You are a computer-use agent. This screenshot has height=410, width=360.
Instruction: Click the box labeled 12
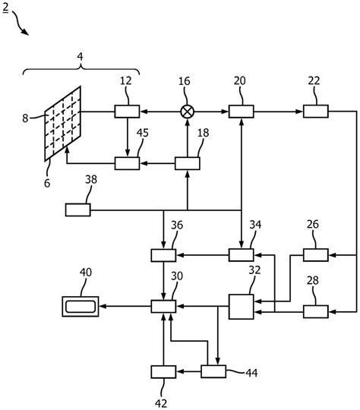click(126, 112)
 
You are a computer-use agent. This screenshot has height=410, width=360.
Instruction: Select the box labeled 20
click(240, 112)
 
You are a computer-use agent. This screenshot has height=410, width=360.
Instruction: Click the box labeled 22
click(315, 112)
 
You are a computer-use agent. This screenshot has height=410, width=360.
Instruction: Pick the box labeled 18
click(187, 162)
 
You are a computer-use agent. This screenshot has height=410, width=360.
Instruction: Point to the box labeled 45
click(126, 162)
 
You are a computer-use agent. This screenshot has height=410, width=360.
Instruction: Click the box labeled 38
click(77, 209)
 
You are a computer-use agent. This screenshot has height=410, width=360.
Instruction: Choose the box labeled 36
click(163, 255)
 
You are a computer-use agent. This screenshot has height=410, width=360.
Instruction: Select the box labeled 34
click(240, 255)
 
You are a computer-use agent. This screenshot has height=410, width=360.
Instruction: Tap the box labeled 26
click(315, 255)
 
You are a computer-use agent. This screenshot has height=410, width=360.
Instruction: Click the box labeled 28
click(315, 311)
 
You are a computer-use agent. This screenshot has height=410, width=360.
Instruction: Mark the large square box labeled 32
click(242, 306)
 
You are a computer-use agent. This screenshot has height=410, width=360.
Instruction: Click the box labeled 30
click(163, 306)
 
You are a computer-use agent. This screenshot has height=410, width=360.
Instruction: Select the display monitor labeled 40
click(81, 306)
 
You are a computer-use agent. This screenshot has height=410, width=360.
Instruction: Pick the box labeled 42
click(163, 371)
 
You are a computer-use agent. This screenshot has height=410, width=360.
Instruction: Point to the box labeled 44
click(213, 371)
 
